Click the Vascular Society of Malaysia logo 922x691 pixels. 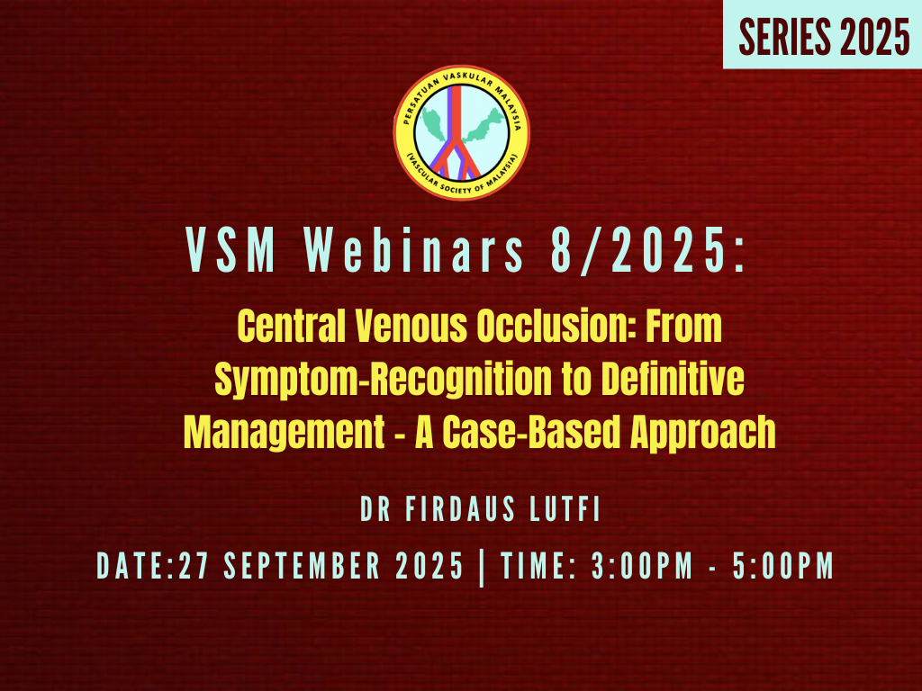(462, 133)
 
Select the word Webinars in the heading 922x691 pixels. (413, 250)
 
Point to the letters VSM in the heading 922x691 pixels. (231, 250)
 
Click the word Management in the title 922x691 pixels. (284, 433)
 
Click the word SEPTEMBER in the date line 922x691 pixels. (303, 566)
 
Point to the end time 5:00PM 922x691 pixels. (783, 566)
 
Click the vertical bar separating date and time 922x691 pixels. (483, 567)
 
